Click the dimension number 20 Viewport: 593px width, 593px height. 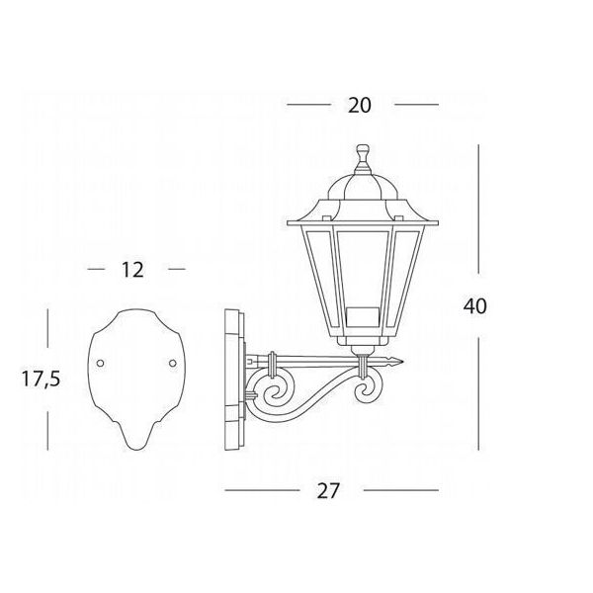pyautogui.click(x=360, y=105)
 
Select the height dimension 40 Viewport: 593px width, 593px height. pyautogui.click(x=475, y=306)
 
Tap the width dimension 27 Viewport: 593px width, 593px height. pyautogui.click(x=329, y=491)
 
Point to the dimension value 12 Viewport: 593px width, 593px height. pyautogui.click(x=132, y=270)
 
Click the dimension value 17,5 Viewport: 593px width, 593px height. pyautogui.click(x=41, y=379)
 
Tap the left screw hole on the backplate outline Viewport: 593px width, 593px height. pyautogui.click(x=100, y=363)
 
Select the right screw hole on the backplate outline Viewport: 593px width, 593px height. pyautogui.click(x=172, y=363)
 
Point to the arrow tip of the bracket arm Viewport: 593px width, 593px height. pyautogui.click(x=402, y=362)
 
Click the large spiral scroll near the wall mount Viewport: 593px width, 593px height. pyautogui.click(x=273, y=393)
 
